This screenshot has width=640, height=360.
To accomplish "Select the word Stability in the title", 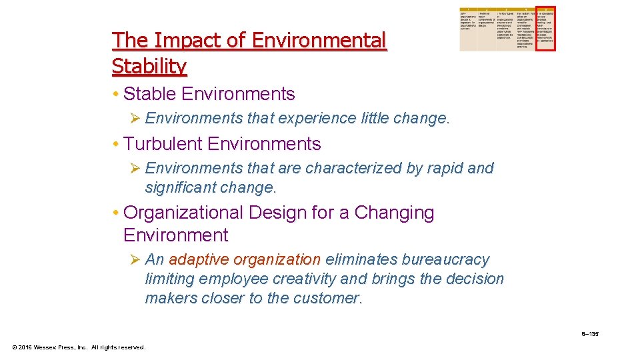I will click(x=149, y=66).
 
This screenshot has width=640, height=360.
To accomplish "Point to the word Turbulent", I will click(x=163, y=144).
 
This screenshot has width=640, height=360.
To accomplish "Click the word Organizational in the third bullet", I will click(x=184, y=213).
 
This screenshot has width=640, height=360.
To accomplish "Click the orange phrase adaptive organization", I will click(x=245, y=259).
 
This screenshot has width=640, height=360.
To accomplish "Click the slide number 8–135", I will click(x=589, y=333).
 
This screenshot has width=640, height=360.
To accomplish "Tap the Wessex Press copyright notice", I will click(x=79, y=347).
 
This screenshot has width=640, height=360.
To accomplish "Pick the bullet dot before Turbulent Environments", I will click(x=116, y=145).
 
